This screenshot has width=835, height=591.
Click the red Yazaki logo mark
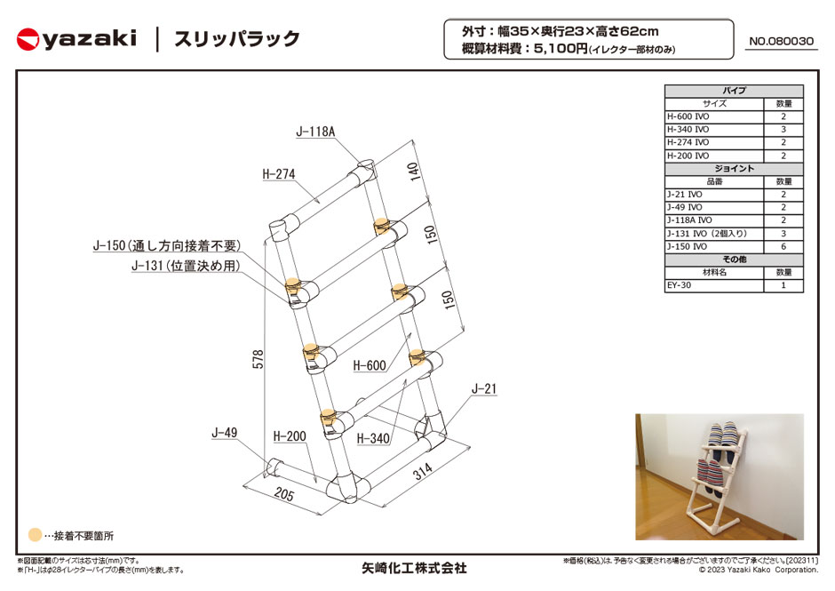[x=28, y=39]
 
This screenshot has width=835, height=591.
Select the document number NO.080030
[x=781, y=41]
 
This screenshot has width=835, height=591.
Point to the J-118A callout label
[x=315, y=132]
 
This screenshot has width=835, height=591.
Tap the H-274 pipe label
[x=279, y=173]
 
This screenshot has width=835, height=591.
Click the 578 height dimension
[x=258, y=359]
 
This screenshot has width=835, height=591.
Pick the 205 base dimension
[x=284, y=494]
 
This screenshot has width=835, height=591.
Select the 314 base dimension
[x=422, y=471]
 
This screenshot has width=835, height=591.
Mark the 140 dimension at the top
[x=413, y=172]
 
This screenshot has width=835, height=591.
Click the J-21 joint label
[x=483, y=389]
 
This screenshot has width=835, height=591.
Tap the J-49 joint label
[x=224, y=432]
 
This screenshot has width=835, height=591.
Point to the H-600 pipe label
[x=370, y=365]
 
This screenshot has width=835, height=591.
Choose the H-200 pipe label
[x=290, y=436]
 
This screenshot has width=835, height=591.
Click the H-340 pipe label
[x=373, y=438]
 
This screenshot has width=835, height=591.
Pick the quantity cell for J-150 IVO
[x=783, y=247]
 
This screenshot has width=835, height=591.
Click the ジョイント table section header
[x=734, y=168]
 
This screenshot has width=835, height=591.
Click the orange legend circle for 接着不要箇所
[x=35, y=534]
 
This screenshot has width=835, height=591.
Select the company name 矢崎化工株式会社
[x=414, y=569]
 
